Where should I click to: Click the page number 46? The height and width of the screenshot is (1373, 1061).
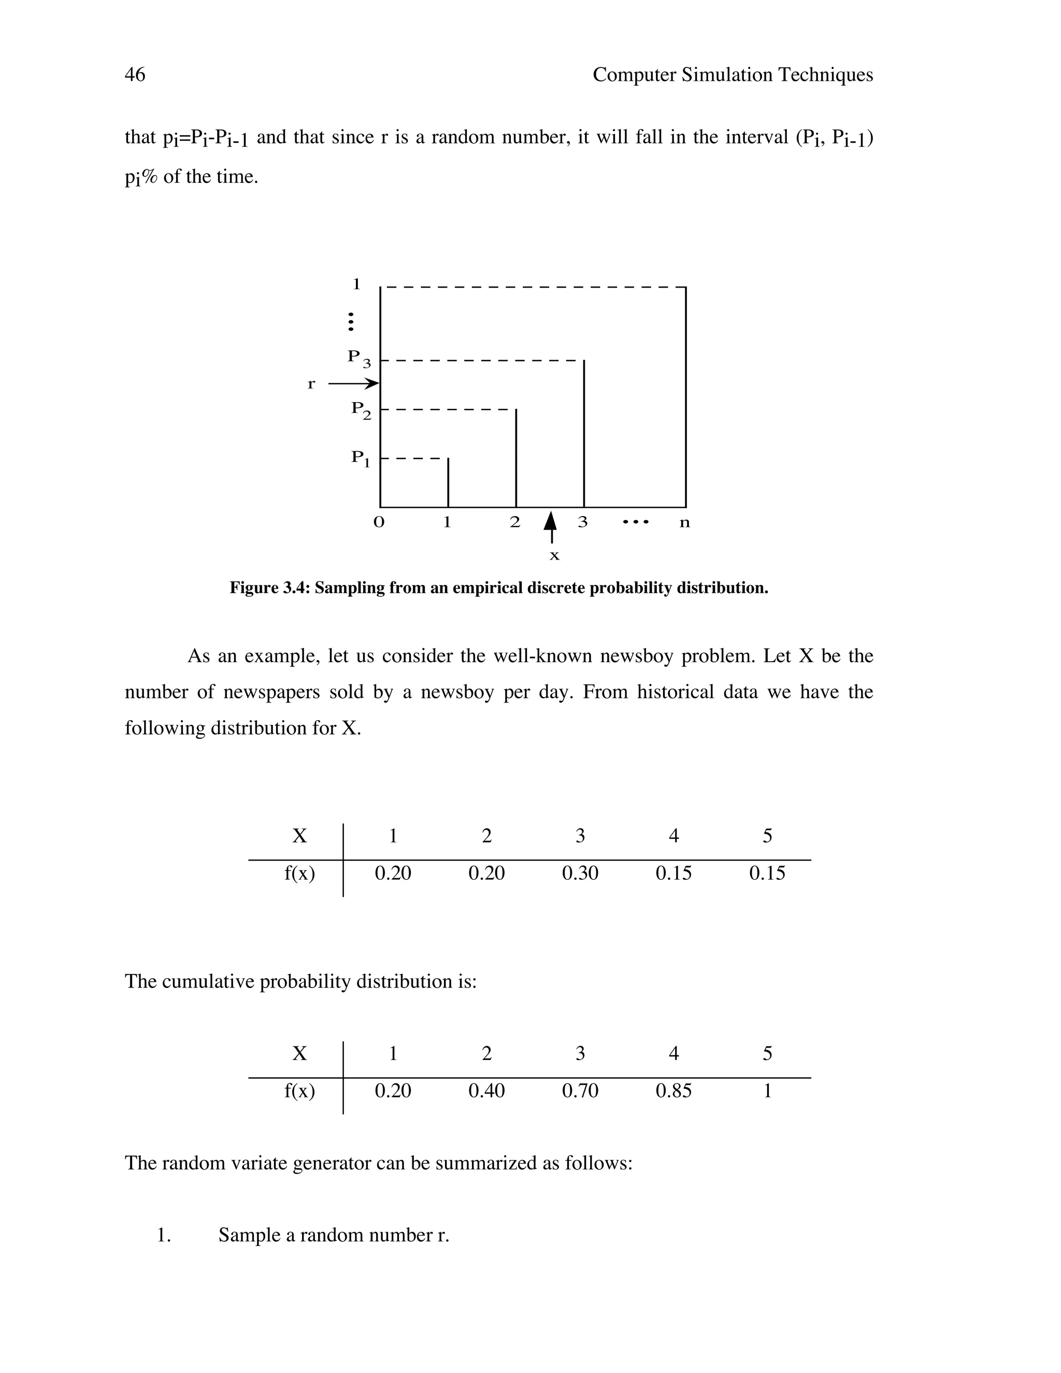pos(135,75)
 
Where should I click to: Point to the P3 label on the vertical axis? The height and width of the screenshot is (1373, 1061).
pos(359,359)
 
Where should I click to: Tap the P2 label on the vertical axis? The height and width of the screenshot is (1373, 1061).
pos(361,410)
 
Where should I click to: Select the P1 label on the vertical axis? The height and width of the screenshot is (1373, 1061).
pos(360,459)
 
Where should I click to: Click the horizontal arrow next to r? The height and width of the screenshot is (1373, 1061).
pos(353,383)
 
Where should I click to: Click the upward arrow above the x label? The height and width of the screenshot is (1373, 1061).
pos(551,526)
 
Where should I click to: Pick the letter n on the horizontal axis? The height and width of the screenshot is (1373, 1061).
pos(684,522)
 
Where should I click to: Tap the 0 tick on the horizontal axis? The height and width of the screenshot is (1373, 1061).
pos(378,522)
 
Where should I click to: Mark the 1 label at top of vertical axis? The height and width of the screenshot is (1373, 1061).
pos(356,284)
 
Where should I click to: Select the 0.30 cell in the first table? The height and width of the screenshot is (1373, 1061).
pos(580,873)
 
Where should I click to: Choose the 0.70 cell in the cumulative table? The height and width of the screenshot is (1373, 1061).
pos(580,1091)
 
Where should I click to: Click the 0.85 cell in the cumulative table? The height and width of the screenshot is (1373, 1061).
pos(673,1091)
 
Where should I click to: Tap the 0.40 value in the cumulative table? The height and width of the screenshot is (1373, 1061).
pos(486,1091)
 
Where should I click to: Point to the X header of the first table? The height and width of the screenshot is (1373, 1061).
pos(299,836)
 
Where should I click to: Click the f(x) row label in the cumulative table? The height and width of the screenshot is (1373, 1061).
pos(299,1091)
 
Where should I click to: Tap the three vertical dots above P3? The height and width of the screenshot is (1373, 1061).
pos(351,321)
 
